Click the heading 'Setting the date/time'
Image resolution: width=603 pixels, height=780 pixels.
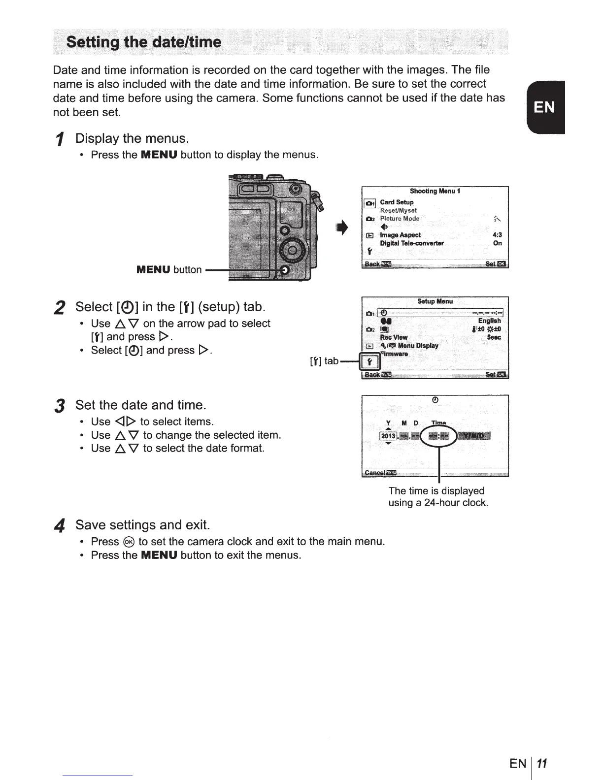tap(143, 41)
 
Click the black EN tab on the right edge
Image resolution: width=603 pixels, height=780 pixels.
tap(544, 107)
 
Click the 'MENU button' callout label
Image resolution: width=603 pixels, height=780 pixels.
tap(169, 270)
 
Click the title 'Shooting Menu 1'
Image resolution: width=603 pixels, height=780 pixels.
tap(435, 191)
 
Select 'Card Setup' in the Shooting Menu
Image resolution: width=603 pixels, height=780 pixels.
tap(397, 202)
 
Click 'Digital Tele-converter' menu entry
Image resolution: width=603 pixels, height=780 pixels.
tap(411, 243)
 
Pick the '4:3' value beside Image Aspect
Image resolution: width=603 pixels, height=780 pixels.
tap(497, 235)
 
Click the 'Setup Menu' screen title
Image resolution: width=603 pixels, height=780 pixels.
tap(435, 301)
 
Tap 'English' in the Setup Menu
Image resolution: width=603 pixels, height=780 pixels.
tap(489, 321)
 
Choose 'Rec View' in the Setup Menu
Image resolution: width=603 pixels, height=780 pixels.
tap(394, 337)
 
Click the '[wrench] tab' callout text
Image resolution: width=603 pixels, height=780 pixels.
tap(324, 361)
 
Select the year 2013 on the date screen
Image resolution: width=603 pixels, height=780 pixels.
tap(388, 436)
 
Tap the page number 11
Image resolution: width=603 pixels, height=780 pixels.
tap(542, 764)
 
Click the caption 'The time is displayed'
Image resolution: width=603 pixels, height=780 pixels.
tap(436, 490)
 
